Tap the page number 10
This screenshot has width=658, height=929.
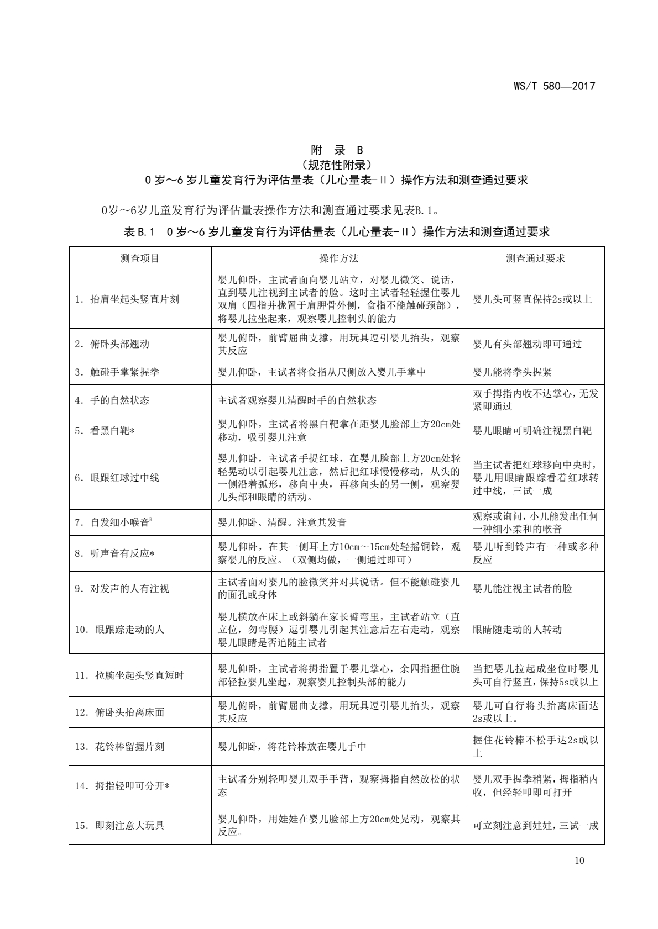(x=579, y=860)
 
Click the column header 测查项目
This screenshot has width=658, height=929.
(x=140, y=258)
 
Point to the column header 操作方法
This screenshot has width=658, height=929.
(x=338, y=258)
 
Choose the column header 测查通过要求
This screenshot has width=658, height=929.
(x=535, y=258)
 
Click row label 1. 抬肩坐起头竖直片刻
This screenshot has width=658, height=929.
(x=127, y=299)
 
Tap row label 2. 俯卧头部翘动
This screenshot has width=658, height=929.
(x=112, y=344)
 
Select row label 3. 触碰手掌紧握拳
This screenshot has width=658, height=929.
(x=117, y=372)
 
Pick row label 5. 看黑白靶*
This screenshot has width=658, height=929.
(x=105, y=431)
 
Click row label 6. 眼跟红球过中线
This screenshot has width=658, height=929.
(x=117, y=478)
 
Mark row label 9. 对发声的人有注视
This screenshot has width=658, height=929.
(x=122, y=589)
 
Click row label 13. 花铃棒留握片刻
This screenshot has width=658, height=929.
(x=120, y=747)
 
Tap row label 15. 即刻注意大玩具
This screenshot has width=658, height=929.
(x=120, y=826)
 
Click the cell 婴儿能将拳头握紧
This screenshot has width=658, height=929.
(x=513, y=372)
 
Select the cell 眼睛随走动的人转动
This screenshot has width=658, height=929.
(x=518, y=630)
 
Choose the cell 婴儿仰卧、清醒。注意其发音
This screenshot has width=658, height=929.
(x=283, y=522)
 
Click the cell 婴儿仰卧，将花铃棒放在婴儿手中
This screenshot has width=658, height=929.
(x=293, y=747)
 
